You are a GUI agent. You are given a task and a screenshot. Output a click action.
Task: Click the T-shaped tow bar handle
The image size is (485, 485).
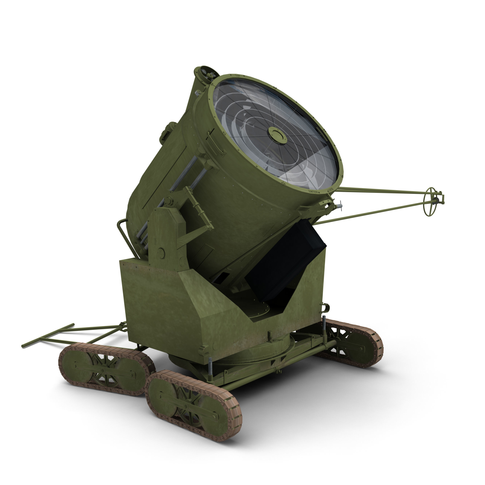(x=48, y=335)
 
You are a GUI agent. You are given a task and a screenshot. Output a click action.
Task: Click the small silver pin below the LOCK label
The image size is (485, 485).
(x=339, y=205)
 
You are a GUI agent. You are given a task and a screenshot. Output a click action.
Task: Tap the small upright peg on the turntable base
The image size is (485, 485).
(x=270, y=335)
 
